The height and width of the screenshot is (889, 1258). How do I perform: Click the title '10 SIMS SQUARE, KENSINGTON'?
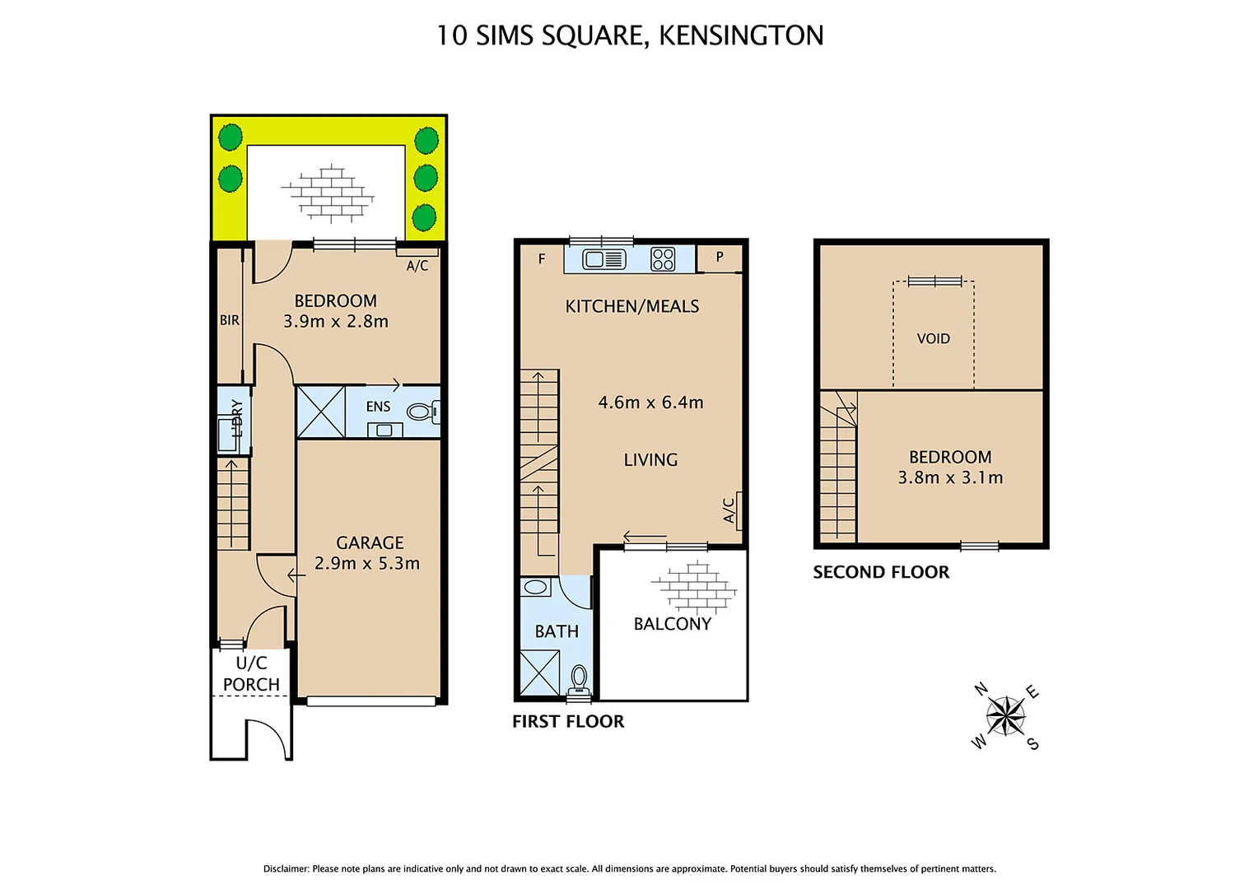click(629, 35)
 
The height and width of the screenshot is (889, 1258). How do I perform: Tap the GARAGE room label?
click(370, 543)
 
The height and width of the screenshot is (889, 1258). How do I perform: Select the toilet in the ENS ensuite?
click(422, 411)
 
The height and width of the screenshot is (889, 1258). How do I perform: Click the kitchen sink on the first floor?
click(603, 260)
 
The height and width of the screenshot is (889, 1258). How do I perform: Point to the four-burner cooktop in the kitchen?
click(663, 259)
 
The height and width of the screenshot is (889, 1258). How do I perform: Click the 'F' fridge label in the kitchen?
click(542, 258)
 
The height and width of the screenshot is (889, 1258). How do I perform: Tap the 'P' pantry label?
click(720, 257)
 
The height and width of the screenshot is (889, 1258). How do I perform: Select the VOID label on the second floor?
click(933, 338)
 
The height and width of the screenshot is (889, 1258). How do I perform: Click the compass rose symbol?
click(1005, 715)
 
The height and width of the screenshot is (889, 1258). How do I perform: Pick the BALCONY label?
click(672, 624)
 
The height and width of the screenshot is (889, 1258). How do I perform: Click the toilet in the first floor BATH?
click(579, 679)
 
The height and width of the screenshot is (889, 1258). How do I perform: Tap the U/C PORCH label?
click(251, 673)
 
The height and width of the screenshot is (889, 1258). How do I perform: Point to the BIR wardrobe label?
click(229, 320)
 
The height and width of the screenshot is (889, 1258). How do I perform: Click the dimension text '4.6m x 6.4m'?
click(650, 403)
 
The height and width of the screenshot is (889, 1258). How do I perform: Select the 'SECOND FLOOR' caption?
click(881, 572)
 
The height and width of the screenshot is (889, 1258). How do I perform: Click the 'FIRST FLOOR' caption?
click(568, 721)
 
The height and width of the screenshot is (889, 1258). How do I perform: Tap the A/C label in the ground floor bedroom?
click(417, 265)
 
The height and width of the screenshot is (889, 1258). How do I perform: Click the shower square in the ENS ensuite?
click(320, 411)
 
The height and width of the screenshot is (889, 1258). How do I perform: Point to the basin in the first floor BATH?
click(536, 587)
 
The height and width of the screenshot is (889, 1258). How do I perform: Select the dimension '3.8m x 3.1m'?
click(950, 477)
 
